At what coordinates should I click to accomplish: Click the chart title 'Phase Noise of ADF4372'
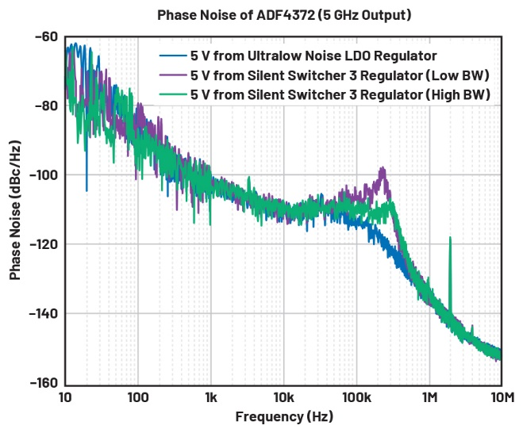(283, 15)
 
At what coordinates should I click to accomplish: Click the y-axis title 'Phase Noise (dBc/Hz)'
(15, 209)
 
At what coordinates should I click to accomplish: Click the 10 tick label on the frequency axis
(66, 396)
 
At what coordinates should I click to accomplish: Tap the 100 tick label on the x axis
(138, 396)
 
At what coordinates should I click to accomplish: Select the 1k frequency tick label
(211, 396)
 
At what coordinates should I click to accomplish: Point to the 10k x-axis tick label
(283, 396)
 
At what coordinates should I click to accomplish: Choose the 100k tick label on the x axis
(356, 396)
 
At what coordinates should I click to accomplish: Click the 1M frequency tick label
(429, 396)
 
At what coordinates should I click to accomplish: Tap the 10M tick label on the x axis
(500, 396)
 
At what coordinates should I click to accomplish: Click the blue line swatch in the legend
(172, 56)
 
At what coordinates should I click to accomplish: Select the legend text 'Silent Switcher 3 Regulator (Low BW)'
(340, 75)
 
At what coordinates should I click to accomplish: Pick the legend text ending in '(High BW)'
(340, 94)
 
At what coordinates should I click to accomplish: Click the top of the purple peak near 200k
(383, 168)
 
